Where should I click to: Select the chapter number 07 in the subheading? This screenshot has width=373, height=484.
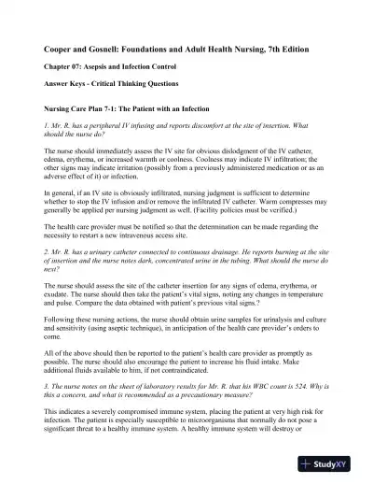click(x=80, y=67)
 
